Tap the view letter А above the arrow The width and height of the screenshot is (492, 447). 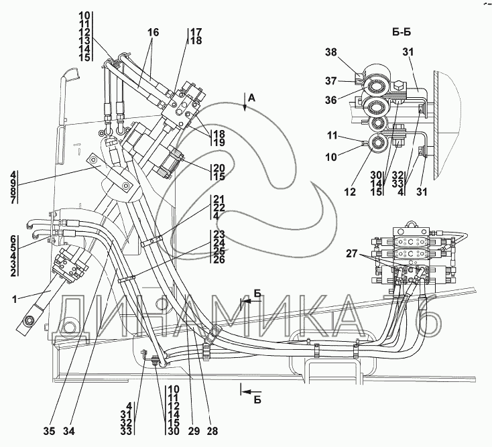tap(251, 98)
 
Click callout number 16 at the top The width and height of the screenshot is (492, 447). tap(153, 31)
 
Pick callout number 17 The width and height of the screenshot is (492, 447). tap(196, 31)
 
